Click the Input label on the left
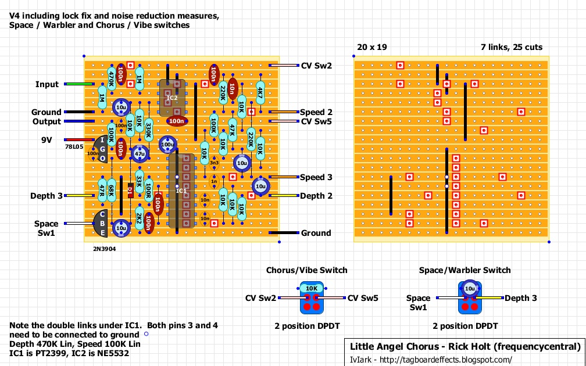47,84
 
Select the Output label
47,121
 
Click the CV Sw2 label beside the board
316,66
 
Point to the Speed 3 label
316,177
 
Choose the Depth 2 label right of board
316,196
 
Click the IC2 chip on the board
173,96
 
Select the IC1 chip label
182,190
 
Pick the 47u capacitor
140,153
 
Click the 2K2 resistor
139,219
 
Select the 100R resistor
149,191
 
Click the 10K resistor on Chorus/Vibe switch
311,289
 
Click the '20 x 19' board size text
373,46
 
